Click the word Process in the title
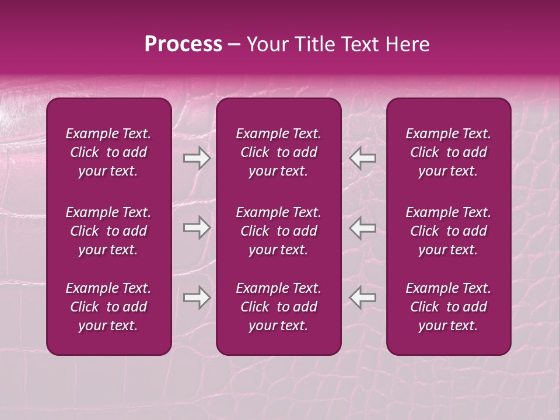click(x=183, y=44)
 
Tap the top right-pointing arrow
click(x=197, y=158)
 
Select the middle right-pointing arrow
click(x=197, y=228)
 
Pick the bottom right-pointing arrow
click(x=197, y=297)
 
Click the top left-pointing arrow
click(x=362, y=158)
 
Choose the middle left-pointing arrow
click(x=362, y=228)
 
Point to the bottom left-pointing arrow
click(x=362, y=297)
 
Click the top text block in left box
click(x=108, y=152)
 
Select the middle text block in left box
click(x=108, y=231)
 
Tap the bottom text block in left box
click(x=108, y=307)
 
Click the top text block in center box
click(x=279, y=152)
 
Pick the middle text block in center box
click(x=279, y=231)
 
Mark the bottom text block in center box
click(x=279, y=307)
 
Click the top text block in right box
click(x=449, y=152)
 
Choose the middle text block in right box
click(x=449, y=231)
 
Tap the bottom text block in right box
click(x=449, y=307)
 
